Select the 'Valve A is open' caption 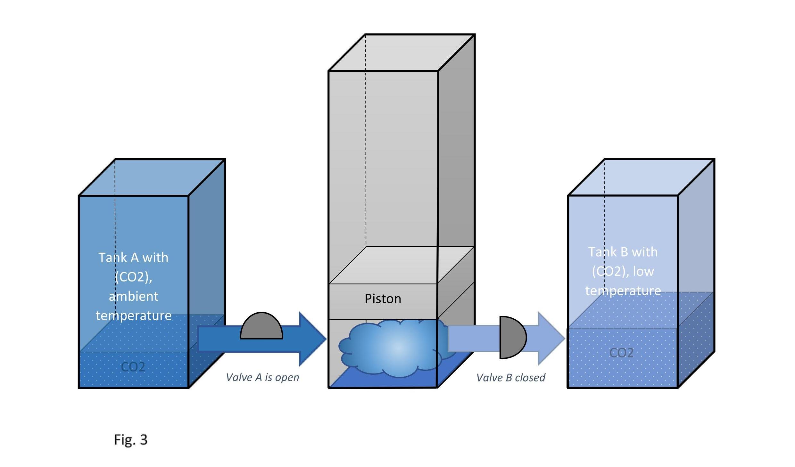[x=262, y=377]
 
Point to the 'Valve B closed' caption [x=511, y=378]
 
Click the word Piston [x=383, y=299]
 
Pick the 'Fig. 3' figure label [x=131, y=440]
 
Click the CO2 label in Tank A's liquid [x=133, y=367]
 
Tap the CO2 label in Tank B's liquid [x=621, y=353]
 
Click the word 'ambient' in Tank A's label [x=133, y=296]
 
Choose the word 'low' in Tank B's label [x=643, y=271]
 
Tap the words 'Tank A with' [x=133, y=258]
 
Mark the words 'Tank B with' [x=623, y=252]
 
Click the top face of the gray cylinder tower [x=402, y=53]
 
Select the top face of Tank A [x=152, y=177]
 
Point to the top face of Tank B [x=641, y=177]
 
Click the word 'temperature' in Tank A [x=133, y=316]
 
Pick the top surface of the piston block [x=402, y=265]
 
